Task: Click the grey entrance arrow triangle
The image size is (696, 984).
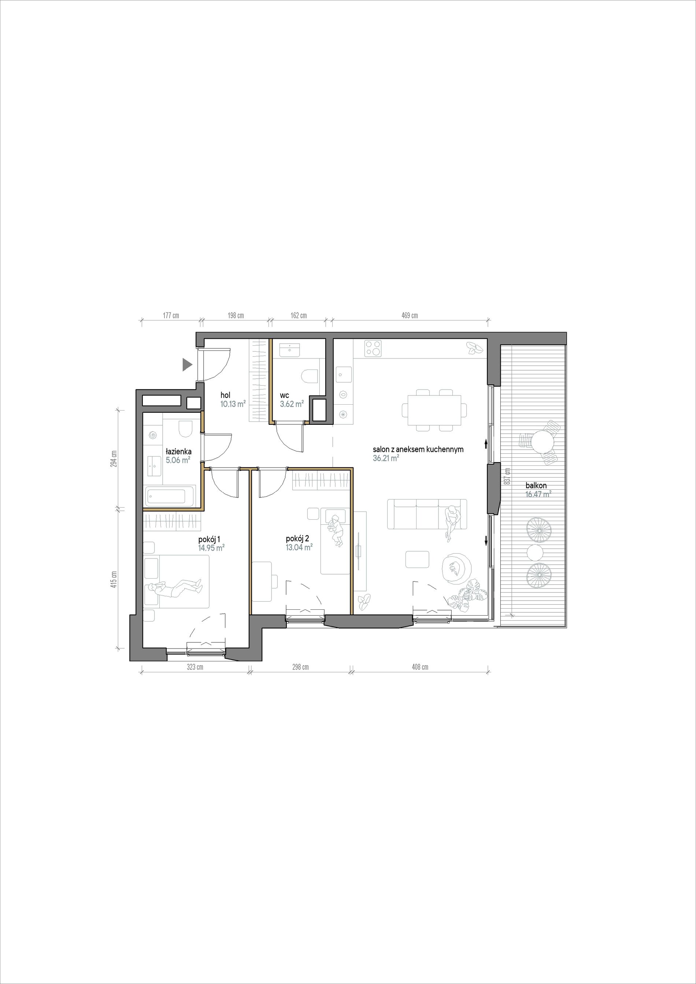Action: click(x=186, y=364)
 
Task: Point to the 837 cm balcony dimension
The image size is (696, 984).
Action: click(x=508, y=475)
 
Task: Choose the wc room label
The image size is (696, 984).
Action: click(x=285, y=395)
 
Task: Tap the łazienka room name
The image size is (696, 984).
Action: click(x=178, y=452)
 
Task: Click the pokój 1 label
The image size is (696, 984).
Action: click(x=209, y=539)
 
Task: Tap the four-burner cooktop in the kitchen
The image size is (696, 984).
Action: click(x=373, y=348)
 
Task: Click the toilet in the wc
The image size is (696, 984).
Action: click(x=310, y=377)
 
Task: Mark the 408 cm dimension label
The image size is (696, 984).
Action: click(x=420, y=667)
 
